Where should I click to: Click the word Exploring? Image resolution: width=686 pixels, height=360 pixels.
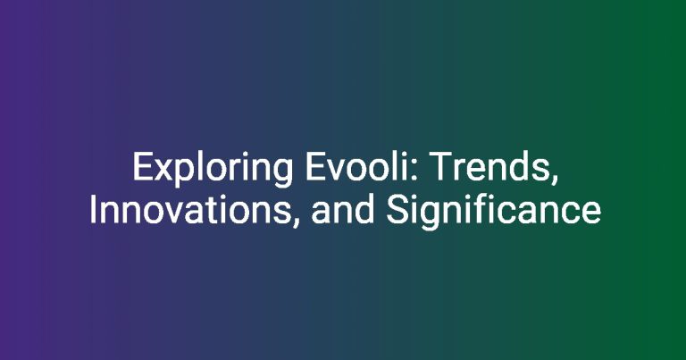pyautogui.click(x=213, y=170)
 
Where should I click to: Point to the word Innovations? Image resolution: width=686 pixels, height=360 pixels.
pyautogui.click(x=190, y=210)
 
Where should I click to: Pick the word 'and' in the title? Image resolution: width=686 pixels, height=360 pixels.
pyautogui.click(x=343, y=210)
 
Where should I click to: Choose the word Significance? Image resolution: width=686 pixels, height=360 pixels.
pyautogui.click(x=493, y=213)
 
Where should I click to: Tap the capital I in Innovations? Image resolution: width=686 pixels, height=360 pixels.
pyautogui.click(x=93, y=210)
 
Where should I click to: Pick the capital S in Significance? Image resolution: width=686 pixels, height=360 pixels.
pyautogui.click(x=397, y=210)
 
